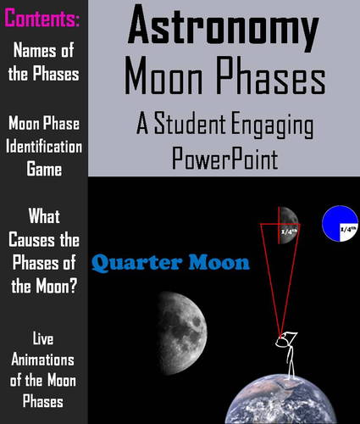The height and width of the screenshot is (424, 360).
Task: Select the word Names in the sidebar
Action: [31, 53]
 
